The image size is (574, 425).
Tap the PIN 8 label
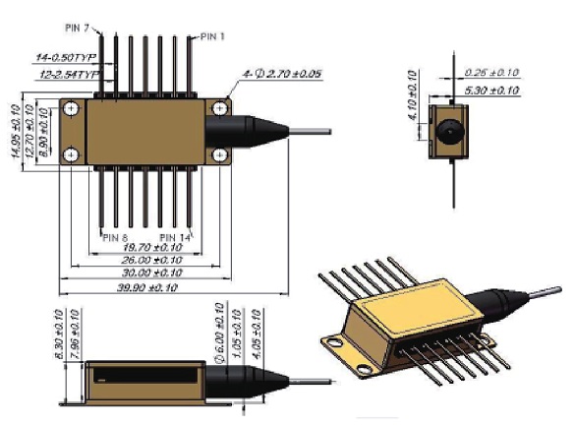coord(116,237)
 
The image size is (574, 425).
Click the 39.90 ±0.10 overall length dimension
coord(148,289)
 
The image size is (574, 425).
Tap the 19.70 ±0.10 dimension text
coord(147,248)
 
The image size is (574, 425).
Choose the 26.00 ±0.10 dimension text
coord(147,260)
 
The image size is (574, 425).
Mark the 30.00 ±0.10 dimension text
coord(147,273)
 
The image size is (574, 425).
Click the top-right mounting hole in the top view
coord(222,105)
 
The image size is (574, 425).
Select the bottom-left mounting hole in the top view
coord(72,153)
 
